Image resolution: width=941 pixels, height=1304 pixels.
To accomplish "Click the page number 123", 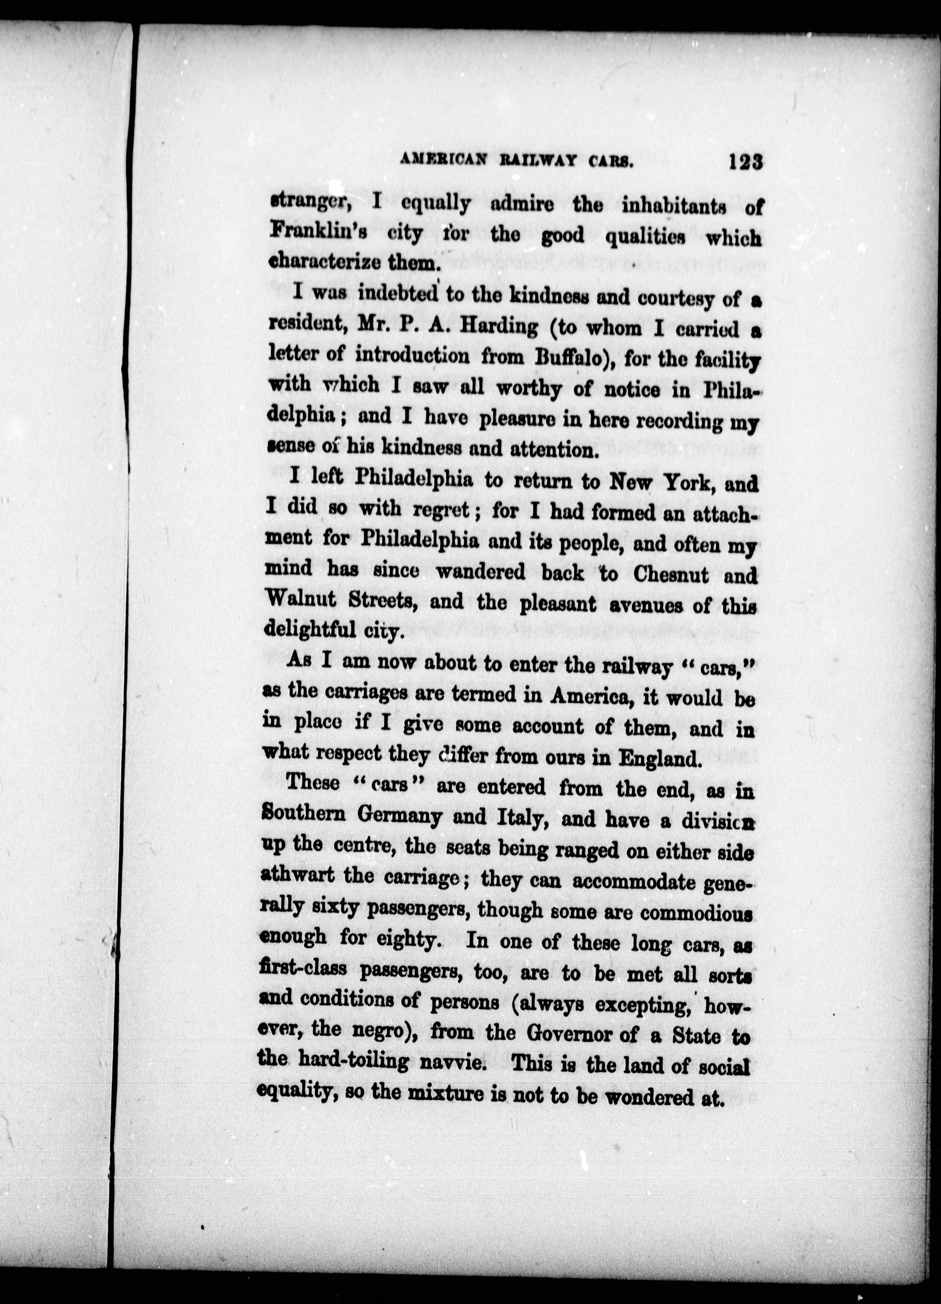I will click(745, 162).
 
